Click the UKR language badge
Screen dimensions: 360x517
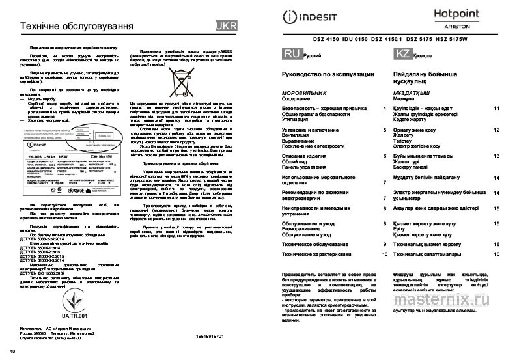tap(226, 27)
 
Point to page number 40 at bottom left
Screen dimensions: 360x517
tap(7, 352)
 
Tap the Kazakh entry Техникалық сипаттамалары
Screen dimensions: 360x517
tap(428, 254)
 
